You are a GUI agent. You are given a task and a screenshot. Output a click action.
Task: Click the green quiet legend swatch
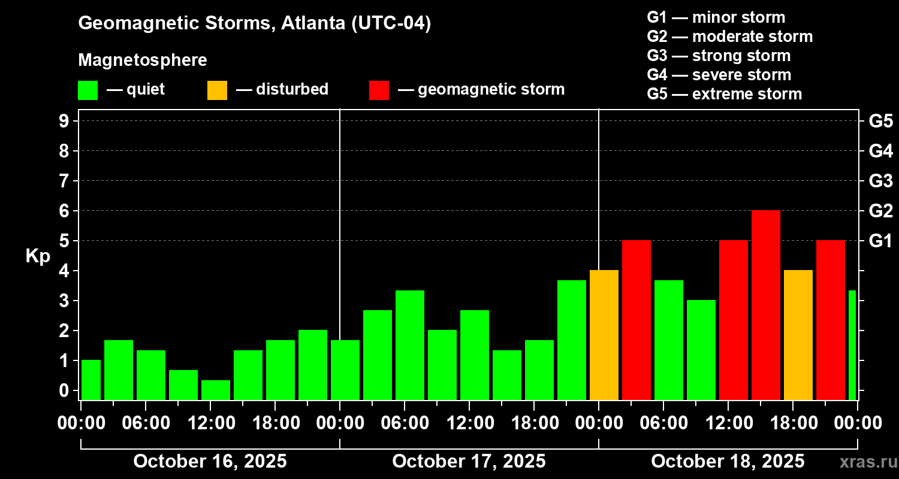coord(88,90)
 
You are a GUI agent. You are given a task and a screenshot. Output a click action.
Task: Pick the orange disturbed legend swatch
coord(217,90)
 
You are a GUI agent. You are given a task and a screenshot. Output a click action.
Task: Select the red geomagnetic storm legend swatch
coord(379,90)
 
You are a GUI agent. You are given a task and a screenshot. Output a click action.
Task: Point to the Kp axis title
coord(38,256)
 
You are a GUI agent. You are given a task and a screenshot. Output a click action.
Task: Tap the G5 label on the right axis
coord(880,121)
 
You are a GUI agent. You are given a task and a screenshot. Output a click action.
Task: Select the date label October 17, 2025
coord(469,461)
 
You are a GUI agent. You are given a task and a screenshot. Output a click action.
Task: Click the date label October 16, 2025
coord(210,461)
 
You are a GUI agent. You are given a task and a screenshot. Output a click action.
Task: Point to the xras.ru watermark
coord(865,462)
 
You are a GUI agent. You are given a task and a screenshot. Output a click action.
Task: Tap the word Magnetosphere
coord(143,60)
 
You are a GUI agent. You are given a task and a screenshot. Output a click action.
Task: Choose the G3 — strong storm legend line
coord(719,56)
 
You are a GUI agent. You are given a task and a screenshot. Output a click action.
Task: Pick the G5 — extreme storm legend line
coord(724,94)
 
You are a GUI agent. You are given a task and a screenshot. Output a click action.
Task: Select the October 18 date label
coord(728,461)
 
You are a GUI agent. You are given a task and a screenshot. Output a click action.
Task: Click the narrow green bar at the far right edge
coord(852,344)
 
